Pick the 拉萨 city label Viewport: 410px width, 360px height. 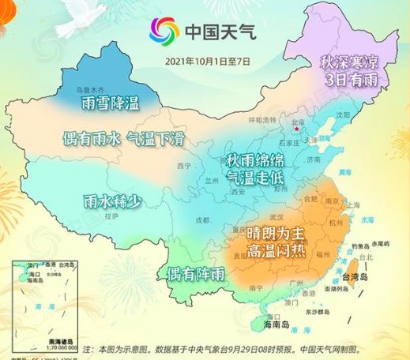(111, 215)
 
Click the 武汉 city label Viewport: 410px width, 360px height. (276, 216)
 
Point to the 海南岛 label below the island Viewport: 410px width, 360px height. (275, 325)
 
